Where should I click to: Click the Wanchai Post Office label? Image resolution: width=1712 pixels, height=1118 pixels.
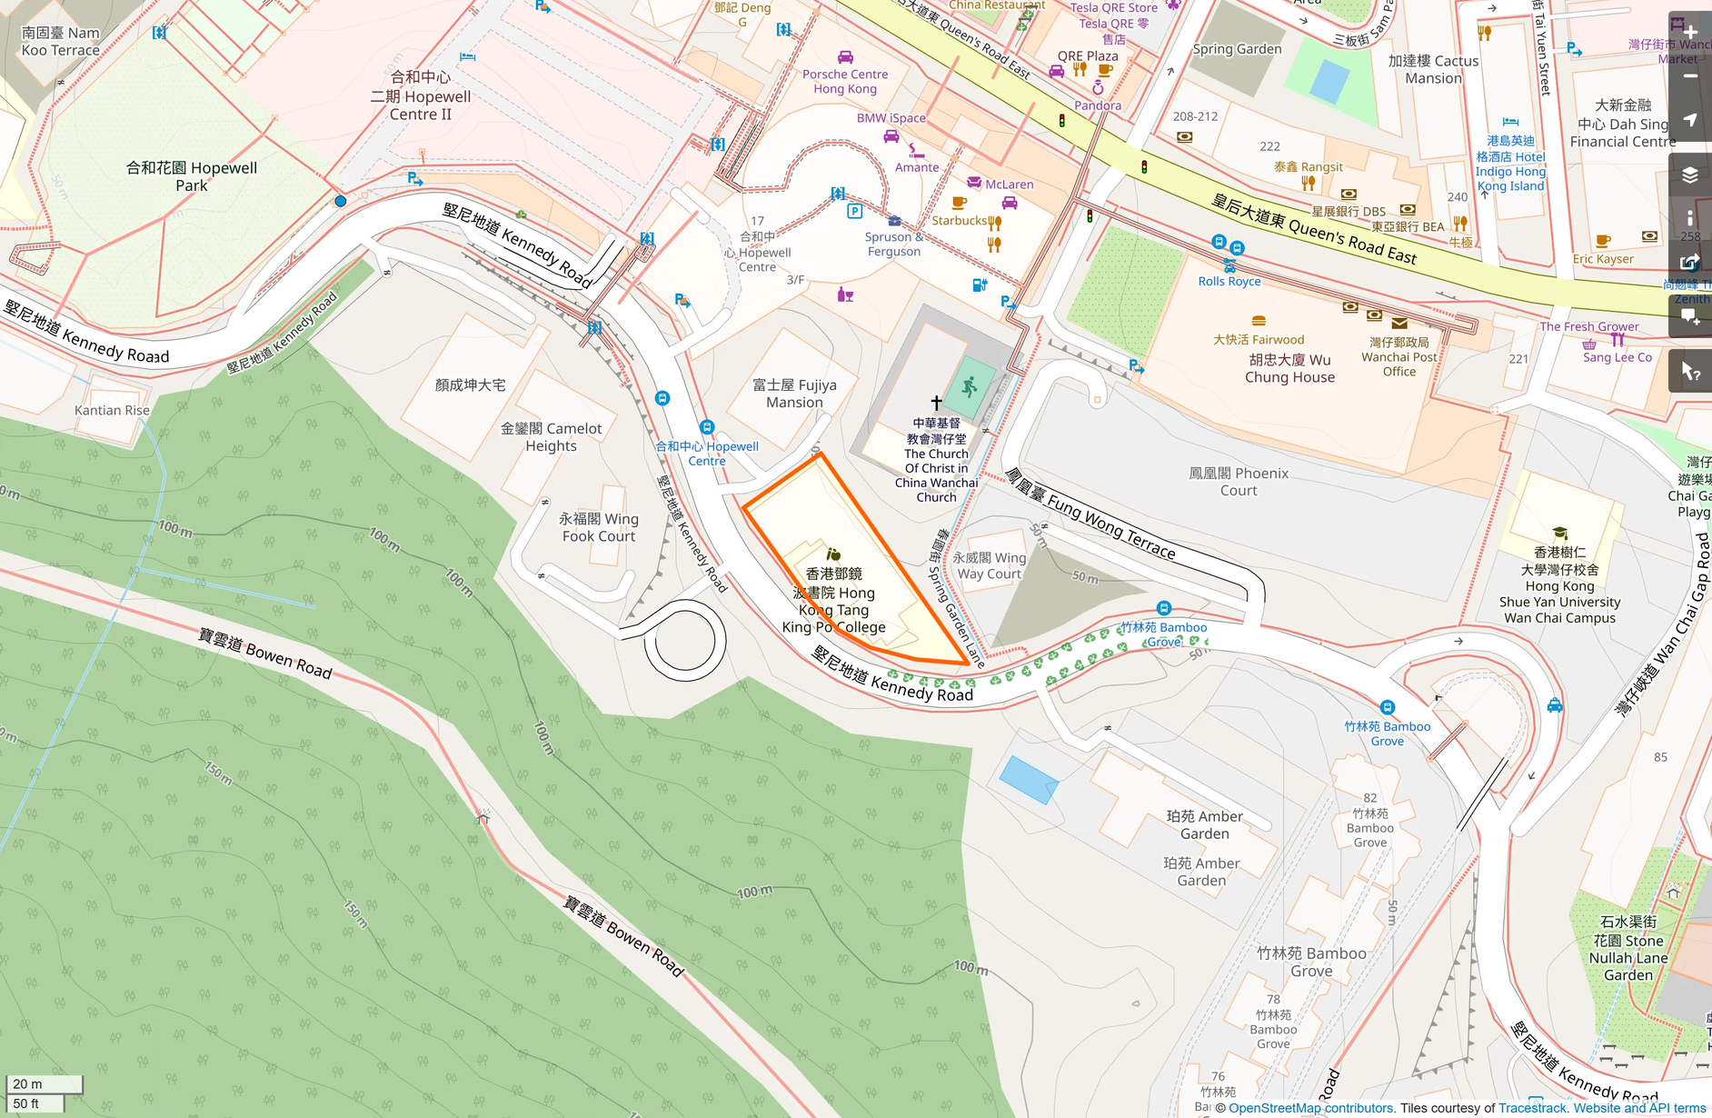pos(1398,357)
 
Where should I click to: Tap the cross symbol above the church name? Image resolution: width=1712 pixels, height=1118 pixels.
pos(936,402)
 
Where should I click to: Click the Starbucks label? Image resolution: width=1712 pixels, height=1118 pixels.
pos(960,220)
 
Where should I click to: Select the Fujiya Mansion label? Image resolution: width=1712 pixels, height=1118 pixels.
pos(794,394)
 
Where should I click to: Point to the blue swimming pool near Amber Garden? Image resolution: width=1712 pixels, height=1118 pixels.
pos(1028,780)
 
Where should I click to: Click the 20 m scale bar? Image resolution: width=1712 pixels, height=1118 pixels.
pos(44,1083)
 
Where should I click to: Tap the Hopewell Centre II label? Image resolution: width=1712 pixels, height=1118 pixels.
pos(421,96)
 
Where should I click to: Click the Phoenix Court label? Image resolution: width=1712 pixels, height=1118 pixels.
pos(1239,482)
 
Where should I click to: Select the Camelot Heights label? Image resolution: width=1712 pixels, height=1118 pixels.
pos(551,437)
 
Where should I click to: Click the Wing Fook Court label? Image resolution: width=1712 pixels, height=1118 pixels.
pos(598,527)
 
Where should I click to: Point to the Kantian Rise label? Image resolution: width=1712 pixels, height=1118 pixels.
pos(112,410)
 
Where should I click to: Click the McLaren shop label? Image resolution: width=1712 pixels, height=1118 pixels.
pos(1009,185)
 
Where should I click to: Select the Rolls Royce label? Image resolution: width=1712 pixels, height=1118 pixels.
pos(1229,282)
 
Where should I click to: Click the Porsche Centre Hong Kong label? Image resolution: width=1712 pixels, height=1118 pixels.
pos(845,82)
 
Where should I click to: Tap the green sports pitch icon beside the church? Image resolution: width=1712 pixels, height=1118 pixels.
pos(969,387)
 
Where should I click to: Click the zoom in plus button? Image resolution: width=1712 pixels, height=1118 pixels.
pos(1690,32)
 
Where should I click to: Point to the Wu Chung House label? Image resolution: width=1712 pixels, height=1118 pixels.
pos(1289,368)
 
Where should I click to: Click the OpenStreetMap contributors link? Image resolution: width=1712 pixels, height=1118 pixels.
pos(1310,1108)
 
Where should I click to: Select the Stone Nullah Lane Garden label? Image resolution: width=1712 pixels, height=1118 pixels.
pos(1627,949)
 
